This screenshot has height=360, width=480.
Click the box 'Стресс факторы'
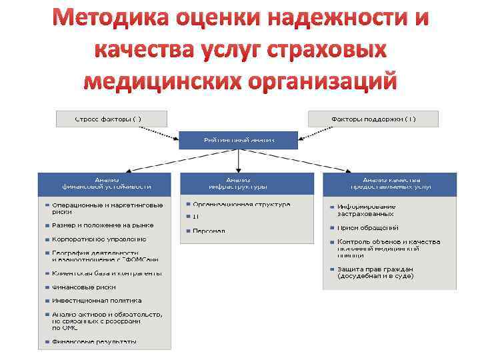pyautogui.click(x=108, y=119)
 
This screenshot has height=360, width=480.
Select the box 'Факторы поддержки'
pyautogui.click(x=373, y=119)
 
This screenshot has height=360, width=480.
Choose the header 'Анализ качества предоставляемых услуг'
pyautogui.click(x=390, y=183)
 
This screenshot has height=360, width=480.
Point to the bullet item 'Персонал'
pyautogui.click(x=209, y=231)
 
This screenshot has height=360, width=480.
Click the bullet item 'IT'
pyautogui.click(x=196, y=217)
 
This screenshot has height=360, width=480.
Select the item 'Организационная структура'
pyautogui.click(x=241, y=205)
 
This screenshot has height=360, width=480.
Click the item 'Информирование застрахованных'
pyautogui.click(x=366, y=210)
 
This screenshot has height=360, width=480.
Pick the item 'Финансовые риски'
pyautogui.click(x=84, y=287)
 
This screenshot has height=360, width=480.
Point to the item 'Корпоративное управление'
pyautogui.click(x=99, y=239)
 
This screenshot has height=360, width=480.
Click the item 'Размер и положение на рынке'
pyautogui.click(x=103, y=225)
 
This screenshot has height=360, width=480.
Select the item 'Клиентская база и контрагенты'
pyautogui.click(x=107, y=273)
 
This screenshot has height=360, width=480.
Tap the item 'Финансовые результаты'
pyautogui.click(x=94, y=343)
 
